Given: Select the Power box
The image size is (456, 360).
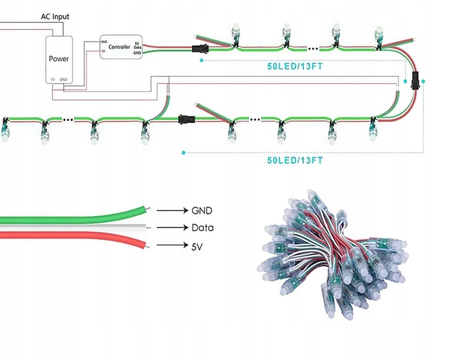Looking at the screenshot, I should pos(59,59).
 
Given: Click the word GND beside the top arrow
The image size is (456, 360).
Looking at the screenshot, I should pos(202,211).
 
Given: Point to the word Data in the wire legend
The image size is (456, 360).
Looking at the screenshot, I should pos(202,228).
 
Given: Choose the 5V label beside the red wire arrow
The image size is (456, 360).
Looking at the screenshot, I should pos(198,245).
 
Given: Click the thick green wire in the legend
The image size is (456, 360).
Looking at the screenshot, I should pos(77,216).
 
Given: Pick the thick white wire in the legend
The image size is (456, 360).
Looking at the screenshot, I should pos(77,228).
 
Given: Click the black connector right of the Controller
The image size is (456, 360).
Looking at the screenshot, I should pos(200,48).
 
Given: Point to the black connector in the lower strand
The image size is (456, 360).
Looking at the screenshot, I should pos(185,118).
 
